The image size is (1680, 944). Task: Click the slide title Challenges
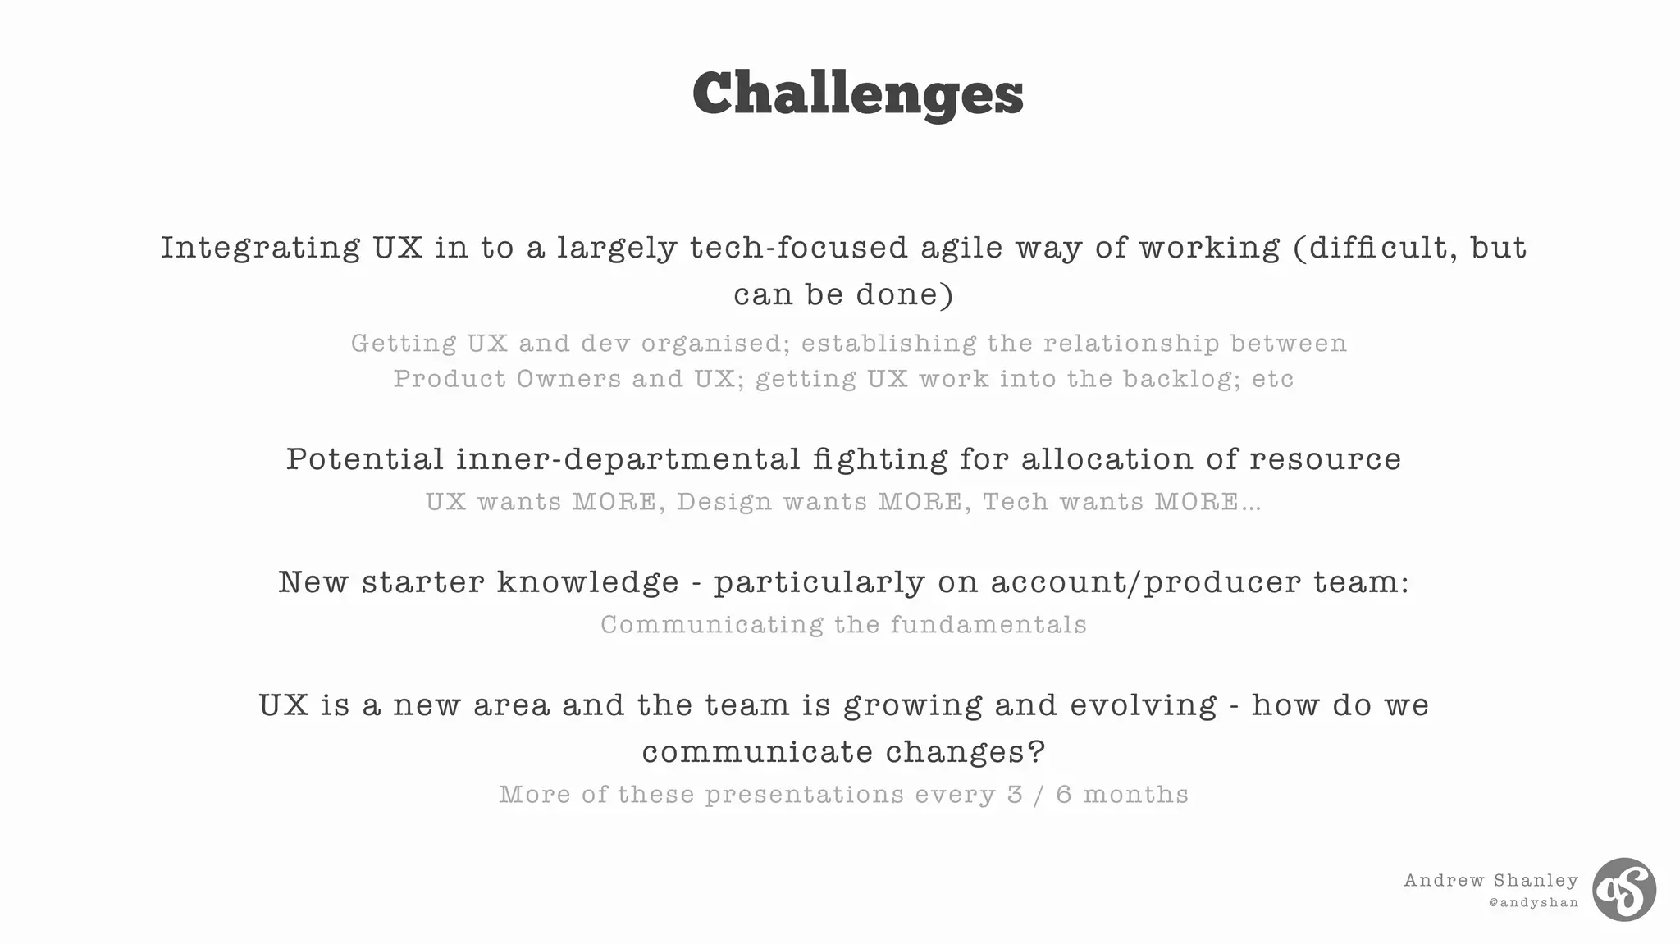(857, 93)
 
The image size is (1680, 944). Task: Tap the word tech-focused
(798, 248)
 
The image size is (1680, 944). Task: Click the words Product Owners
(507, 379)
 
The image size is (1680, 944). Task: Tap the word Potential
(364, 459)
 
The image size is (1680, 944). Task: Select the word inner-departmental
(628, 459)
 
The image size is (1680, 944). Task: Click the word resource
(1325, 459)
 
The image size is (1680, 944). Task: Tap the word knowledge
(587, 582)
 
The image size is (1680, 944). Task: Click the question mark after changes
(1037, 752)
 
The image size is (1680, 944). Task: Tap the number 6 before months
(1064, 795)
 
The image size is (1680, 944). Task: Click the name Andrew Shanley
(1491, 881)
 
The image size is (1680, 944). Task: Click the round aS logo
(1623, 890)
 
